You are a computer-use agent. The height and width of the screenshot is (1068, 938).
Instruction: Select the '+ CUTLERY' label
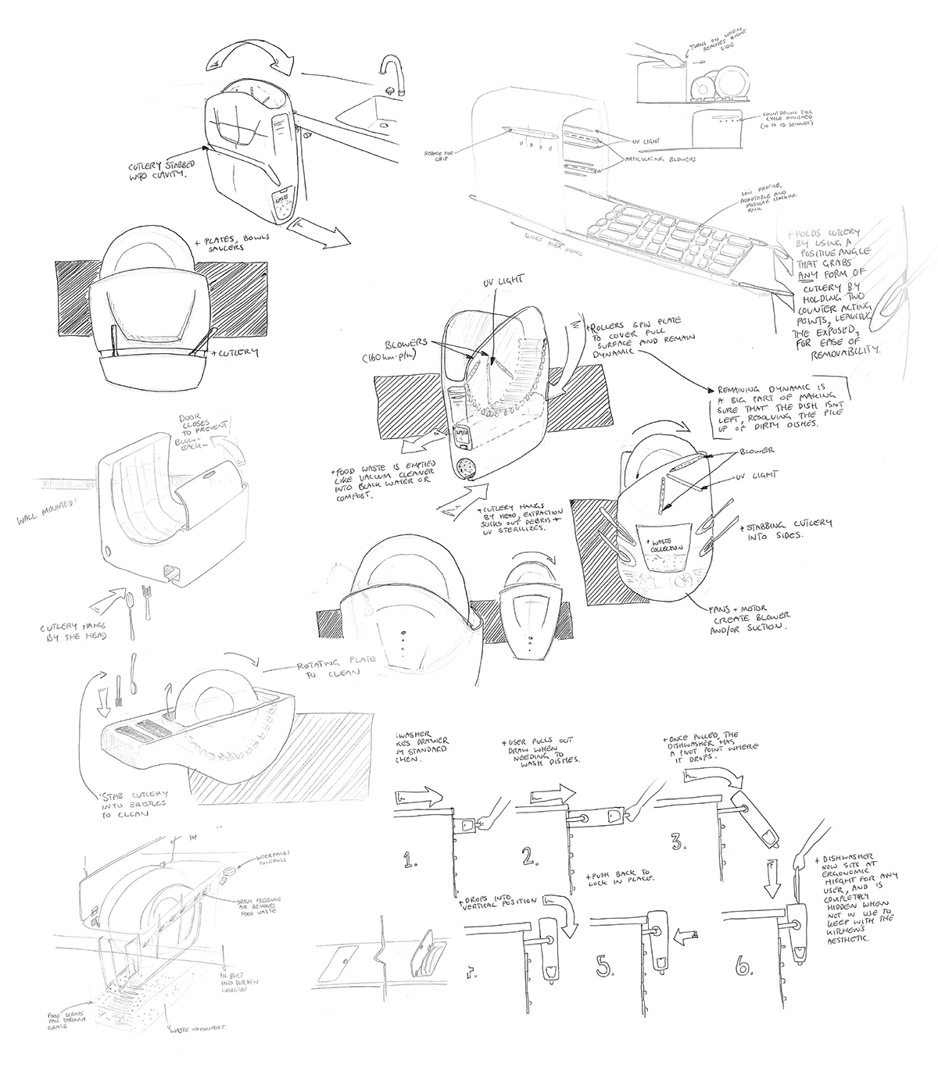[x=235, y=353]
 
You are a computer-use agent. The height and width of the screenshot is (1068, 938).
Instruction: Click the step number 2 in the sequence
[x=531, y=856]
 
